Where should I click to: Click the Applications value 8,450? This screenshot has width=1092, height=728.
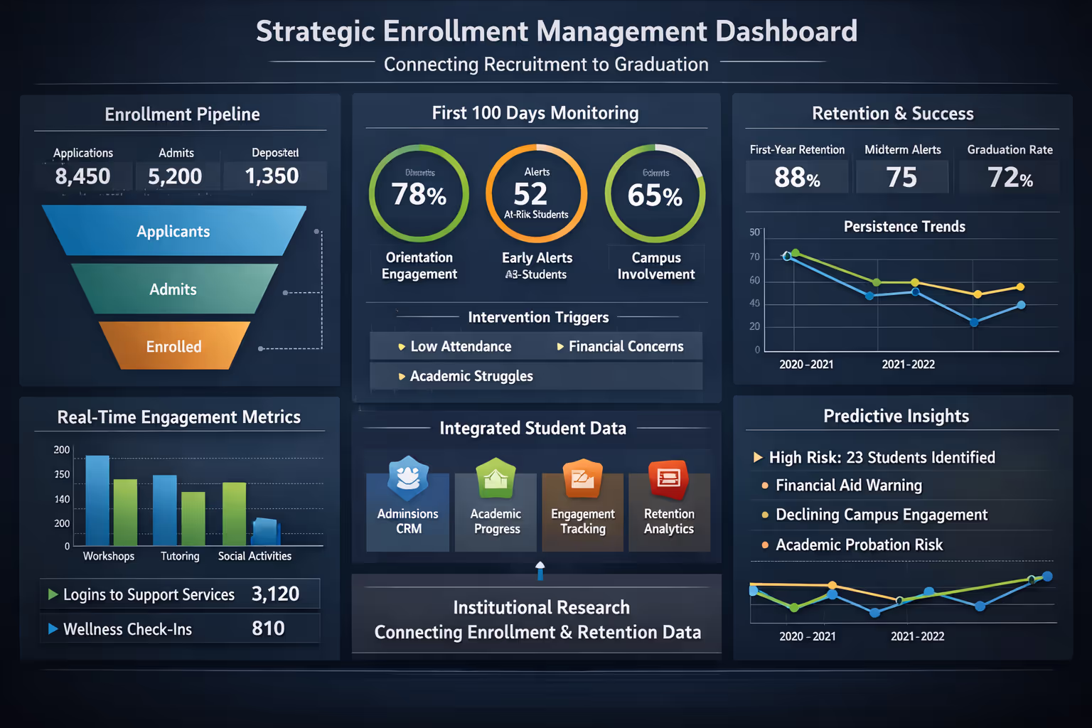point(83,176)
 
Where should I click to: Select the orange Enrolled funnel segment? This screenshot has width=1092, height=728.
point(174,346)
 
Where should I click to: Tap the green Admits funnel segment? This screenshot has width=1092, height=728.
point(173,289)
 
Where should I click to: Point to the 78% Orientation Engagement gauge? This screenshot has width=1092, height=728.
point(419,194)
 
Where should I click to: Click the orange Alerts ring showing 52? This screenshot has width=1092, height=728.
point(536,194)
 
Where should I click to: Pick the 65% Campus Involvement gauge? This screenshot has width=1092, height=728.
point(655,194)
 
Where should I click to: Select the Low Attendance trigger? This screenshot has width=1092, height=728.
point(460,346)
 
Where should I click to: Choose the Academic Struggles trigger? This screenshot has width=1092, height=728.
point(471,376)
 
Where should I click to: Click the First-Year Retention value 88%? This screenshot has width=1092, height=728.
point(797,177)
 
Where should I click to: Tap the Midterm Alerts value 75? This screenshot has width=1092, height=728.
point(901,177)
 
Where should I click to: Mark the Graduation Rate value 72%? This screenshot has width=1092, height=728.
point(1010,177)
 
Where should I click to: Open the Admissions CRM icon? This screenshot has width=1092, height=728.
point(408,478)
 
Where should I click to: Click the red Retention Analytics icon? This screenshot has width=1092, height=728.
point(668,478)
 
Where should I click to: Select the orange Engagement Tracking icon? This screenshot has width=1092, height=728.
point(582,478)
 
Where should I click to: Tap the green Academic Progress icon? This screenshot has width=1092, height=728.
point(496,478)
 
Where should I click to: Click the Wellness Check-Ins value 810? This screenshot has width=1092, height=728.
point(268,628)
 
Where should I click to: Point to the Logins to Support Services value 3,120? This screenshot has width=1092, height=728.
point(275,594)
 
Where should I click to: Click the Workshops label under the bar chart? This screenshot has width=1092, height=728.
point(109,556)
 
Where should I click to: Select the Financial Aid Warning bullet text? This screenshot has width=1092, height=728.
point(848,486)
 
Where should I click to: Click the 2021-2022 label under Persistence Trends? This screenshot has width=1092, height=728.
point(908,364)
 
